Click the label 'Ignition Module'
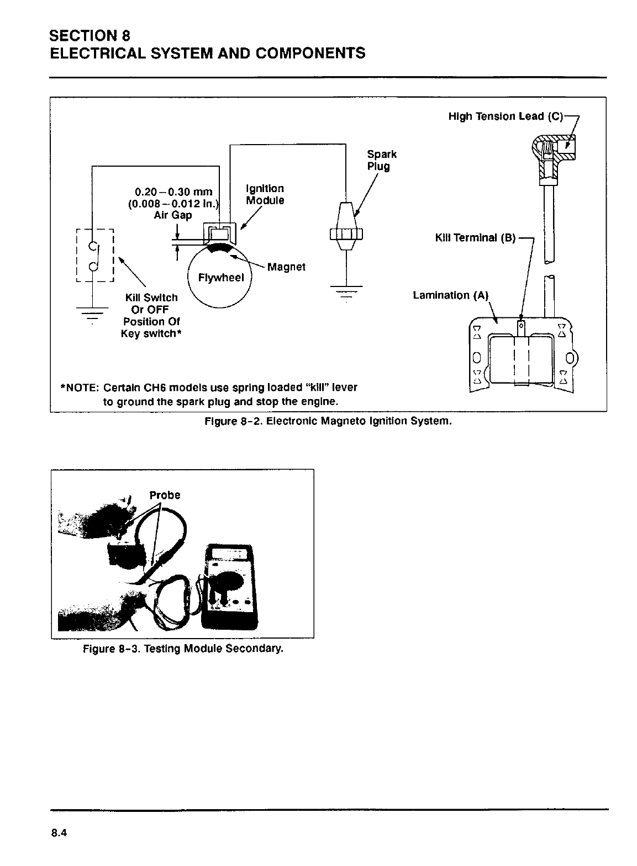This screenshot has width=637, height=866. point(265,194)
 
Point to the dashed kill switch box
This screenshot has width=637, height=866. point(94,256)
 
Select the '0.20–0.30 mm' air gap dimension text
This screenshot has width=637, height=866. point(173,192)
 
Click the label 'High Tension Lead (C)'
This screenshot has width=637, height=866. point(505,117)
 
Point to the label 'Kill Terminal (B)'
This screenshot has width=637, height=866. point(475,238)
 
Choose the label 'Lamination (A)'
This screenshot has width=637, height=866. point(451,295)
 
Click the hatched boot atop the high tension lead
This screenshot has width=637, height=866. point(552,149)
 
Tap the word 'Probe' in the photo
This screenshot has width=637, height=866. point(165,495)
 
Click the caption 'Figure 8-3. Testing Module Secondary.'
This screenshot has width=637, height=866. point(182,649)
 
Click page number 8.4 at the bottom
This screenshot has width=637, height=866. point(58,833)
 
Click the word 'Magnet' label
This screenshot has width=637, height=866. point(286,267)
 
